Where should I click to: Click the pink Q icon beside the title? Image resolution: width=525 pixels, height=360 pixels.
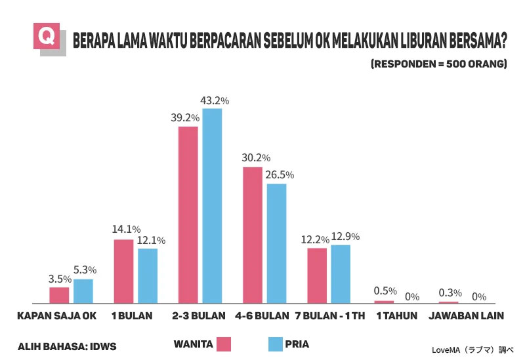47,36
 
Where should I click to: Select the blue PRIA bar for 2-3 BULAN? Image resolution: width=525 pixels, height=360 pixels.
212,206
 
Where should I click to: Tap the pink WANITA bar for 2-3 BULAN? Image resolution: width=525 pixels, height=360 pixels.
188,215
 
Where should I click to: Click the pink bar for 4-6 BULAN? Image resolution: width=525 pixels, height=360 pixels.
253,235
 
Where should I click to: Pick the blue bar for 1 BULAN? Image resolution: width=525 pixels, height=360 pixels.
148,276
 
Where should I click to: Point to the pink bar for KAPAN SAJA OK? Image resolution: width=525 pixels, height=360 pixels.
59,296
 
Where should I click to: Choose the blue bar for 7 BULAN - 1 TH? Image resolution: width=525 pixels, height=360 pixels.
341,274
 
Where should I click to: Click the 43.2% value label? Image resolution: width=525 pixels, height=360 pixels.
215,101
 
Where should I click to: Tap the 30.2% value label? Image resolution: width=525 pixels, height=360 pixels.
256,157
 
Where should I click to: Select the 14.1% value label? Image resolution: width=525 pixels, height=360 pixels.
126,230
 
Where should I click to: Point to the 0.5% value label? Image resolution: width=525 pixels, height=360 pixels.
385,290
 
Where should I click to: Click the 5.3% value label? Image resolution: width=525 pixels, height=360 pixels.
85,270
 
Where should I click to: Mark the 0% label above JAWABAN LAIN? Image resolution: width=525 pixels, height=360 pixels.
479,297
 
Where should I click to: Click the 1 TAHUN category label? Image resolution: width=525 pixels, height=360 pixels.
397,316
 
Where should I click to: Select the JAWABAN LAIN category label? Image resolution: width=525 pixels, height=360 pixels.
467,316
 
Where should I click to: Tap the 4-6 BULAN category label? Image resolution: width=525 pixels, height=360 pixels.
262,316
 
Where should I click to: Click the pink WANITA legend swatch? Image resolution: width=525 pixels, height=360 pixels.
224,344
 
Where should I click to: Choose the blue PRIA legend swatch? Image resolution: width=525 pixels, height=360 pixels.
276,344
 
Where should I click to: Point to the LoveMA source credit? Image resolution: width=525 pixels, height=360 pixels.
472,350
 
